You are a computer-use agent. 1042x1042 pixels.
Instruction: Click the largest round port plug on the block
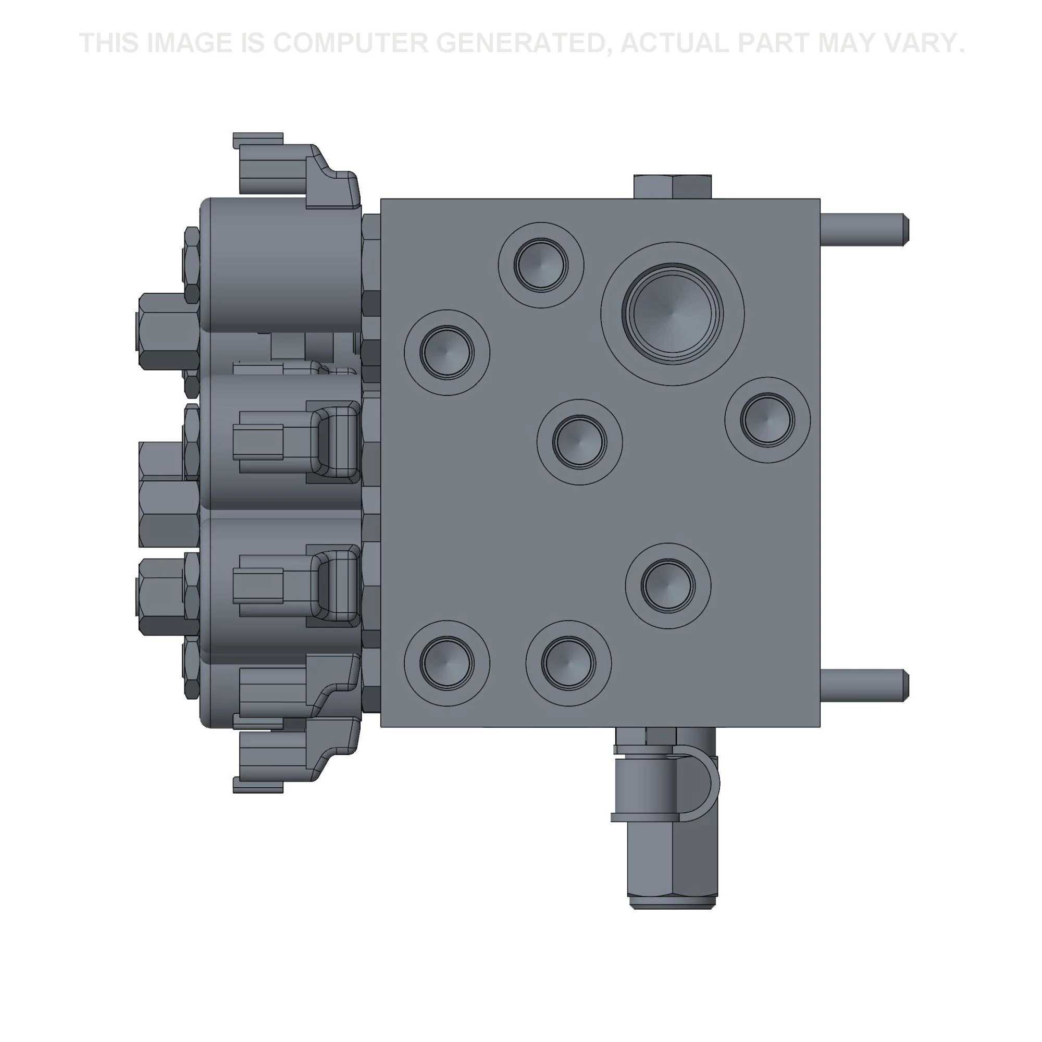672,314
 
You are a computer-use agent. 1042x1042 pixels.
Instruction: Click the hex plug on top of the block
672,187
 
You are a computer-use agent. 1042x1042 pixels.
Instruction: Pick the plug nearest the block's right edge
767,419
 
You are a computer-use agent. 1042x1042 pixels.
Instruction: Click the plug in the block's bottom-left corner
446,663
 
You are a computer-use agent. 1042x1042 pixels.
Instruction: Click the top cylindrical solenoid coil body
280,264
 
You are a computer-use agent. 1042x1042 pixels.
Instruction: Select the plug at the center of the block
580,442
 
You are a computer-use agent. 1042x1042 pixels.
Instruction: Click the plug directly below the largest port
668,586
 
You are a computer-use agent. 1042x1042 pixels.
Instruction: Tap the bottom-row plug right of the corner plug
568,663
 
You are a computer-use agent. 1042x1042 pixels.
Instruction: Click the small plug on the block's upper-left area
446,352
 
